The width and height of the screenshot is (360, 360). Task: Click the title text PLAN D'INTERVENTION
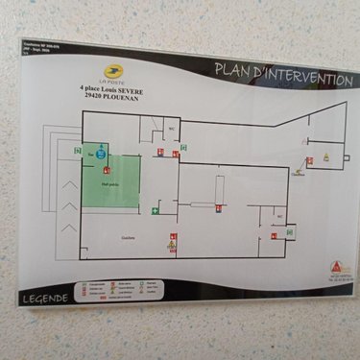click(x=282, y=75)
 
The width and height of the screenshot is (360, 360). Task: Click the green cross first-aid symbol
click(x=154, y=210)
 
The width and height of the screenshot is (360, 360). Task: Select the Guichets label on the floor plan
click(x=129, y=237)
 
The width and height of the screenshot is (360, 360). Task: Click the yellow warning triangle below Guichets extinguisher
click(x=172, y=247)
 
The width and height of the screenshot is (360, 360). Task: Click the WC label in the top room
click(x=171, y=128)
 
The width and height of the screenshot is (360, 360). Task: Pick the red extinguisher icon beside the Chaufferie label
click(x=310, y=160)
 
